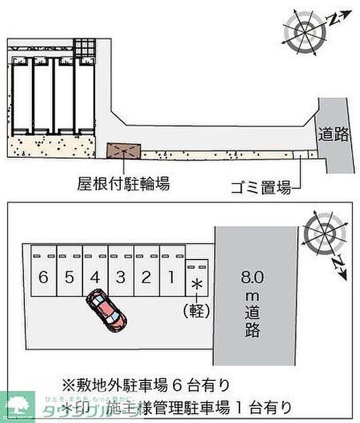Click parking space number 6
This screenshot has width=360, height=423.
(x=43, y=278)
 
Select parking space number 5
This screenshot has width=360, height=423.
(x=69, y=278)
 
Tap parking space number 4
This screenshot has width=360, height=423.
(x=95, y=278)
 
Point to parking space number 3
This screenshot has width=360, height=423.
(x=120, y=278)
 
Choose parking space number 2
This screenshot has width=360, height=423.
(x=146, y=278)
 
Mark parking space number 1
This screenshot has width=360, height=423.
(x=171, y=278)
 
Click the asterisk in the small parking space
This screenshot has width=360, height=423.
(x=196, y=284)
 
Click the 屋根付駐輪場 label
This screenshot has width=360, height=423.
(x=123, y=183)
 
